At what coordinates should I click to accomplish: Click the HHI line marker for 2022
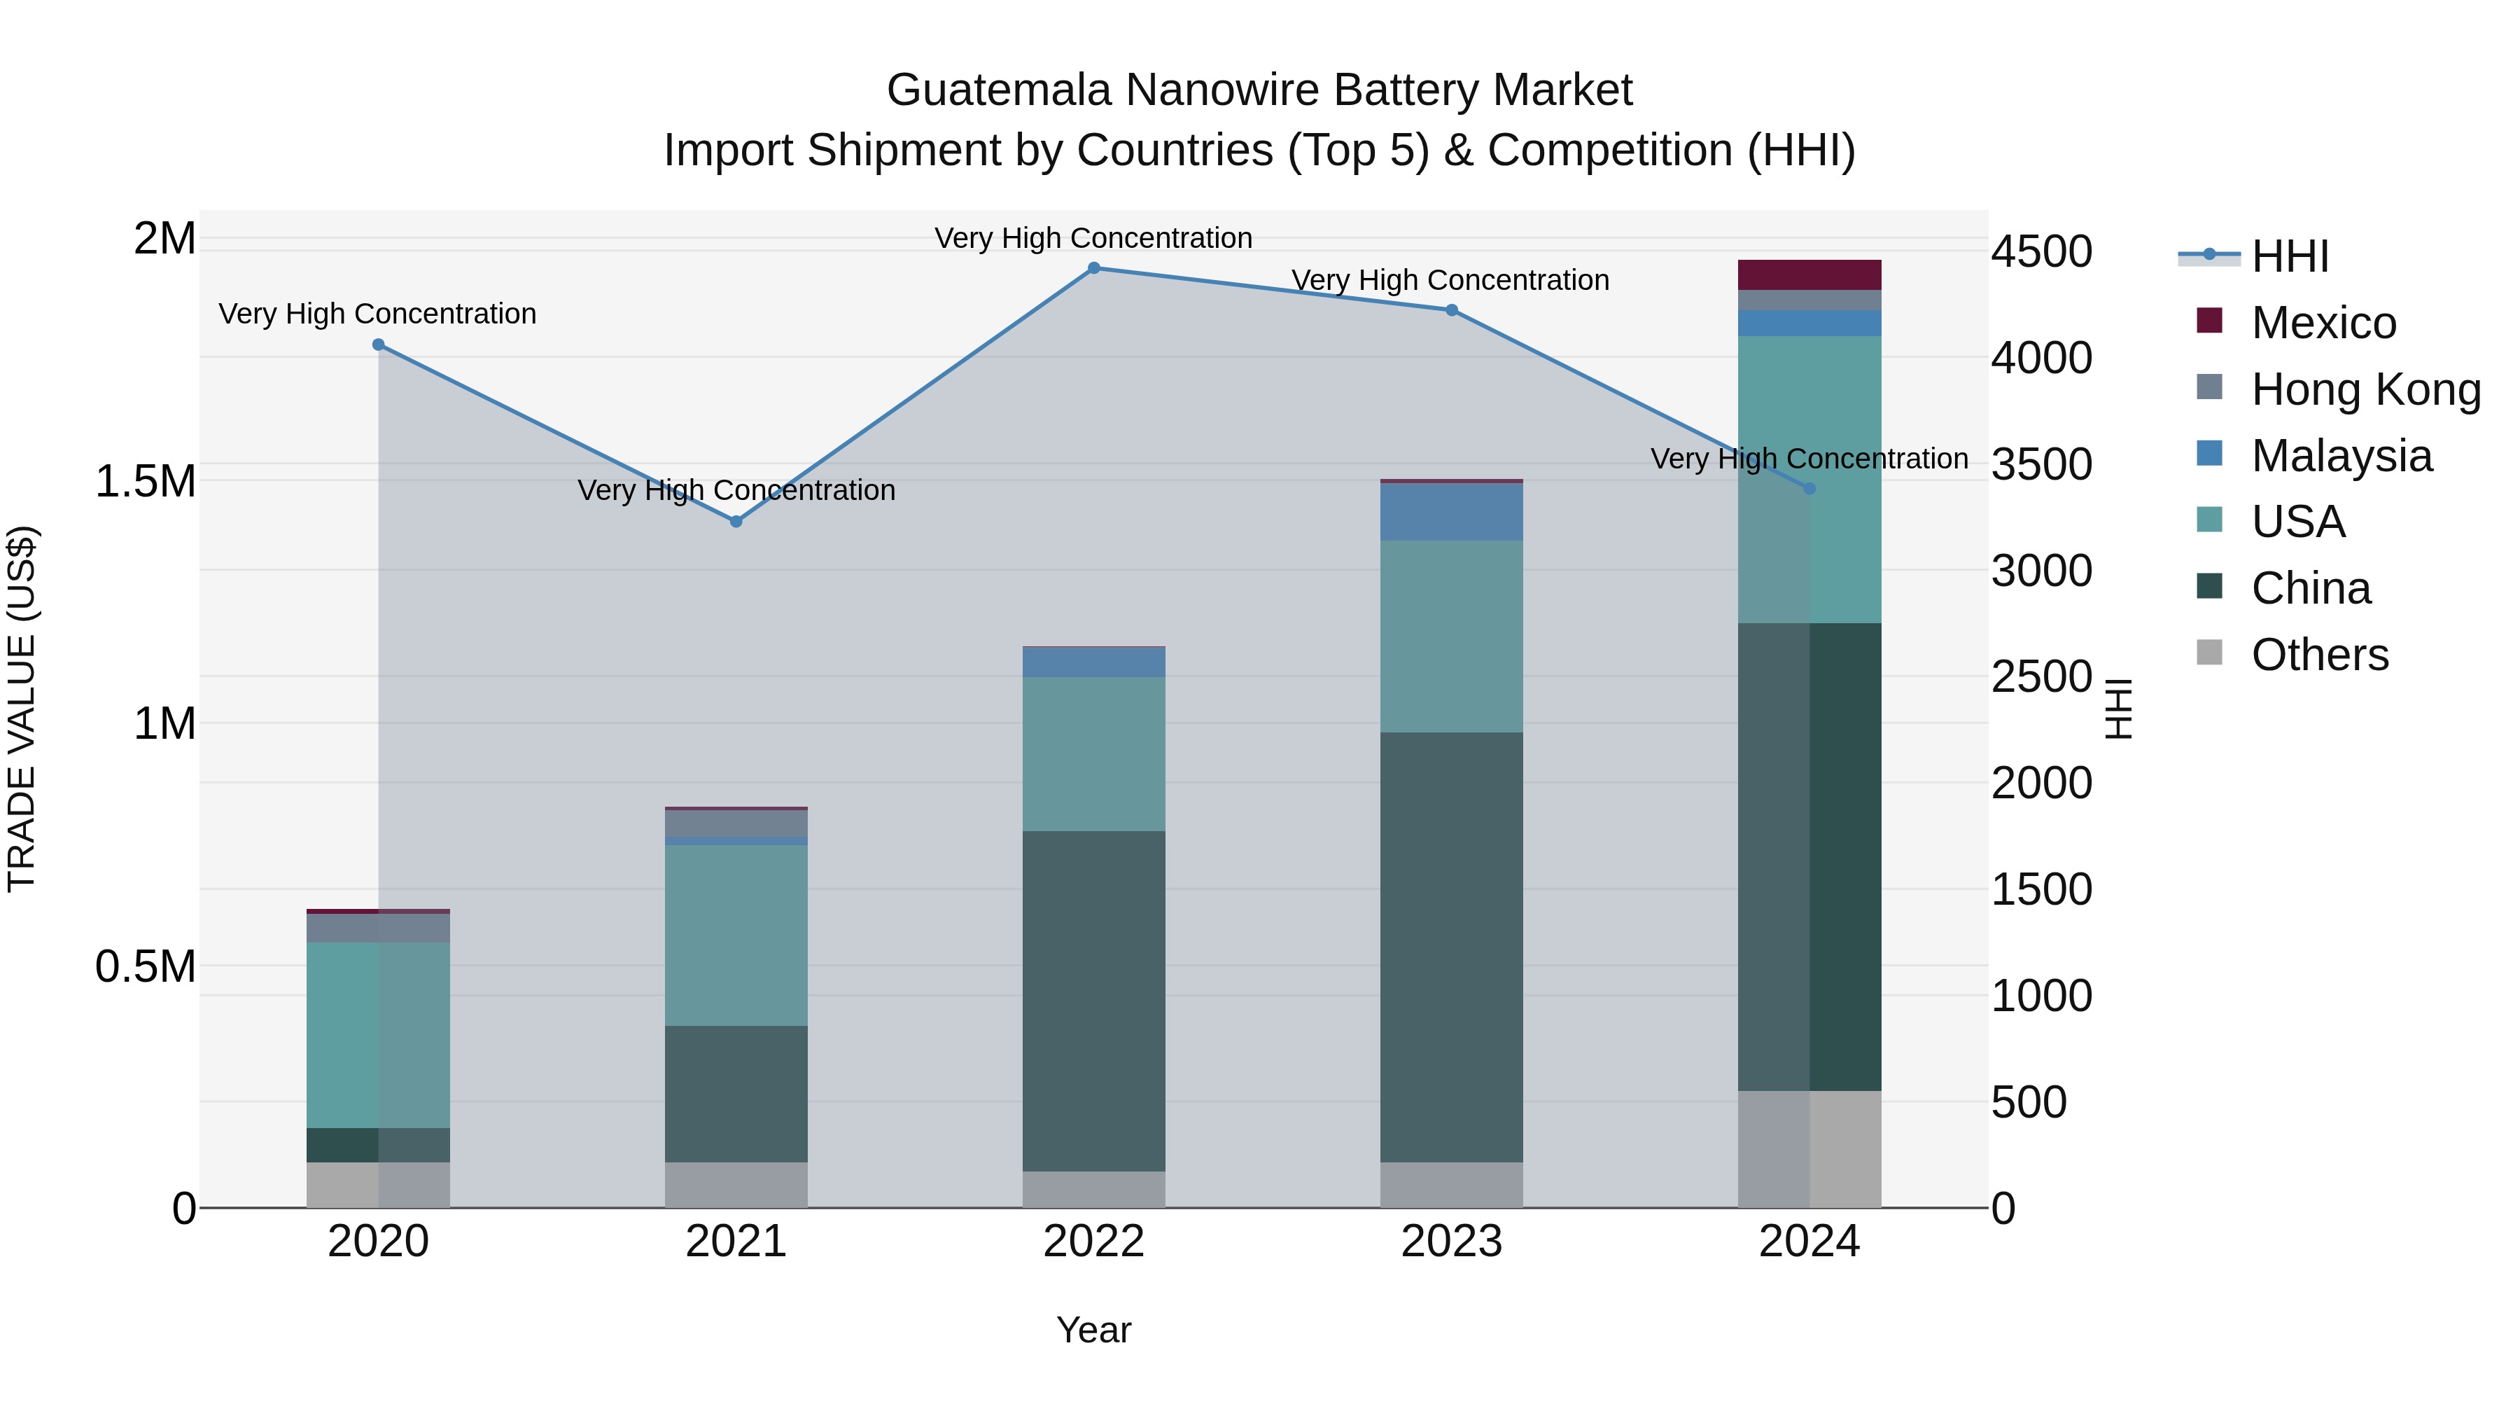pyautogui.click(x=1093, y=268)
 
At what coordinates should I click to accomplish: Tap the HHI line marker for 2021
pyautogui.click(x=736, y=522)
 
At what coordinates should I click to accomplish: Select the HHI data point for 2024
pyautogui.click(x=1809, y=488)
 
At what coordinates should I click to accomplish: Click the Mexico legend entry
pyautogui.click(x=2323, y=323)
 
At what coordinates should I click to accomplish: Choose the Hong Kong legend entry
pyautogui.click(x=2365, y=389)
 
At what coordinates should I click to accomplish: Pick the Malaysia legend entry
pyautogui.click(x=2341, y=456)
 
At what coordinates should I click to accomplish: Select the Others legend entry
pyautogui.click(x=2320, y=655)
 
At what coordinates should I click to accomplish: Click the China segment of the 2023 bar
pyautogui.click(x=1452, y=947)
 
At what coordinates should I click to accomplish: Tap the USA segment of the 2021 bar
pyautogui.click(x=736, y=935)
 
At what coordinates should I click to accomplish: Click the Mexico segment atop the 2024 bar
pyautogui.click(x=1809, y=275)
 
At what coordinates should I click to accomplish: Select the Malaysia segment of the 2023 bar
pyautogui.click(x=1452, y=512)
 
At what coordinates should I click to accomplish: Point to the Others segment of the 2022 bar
pyautogui.click(x=1093, y=1189)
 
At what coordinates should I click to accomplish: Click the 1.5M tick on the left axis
pyautogui.click(x=145, y=482)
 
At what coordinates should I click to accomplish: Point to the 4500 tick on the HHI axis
pyautogui.click(x=2042, y=253)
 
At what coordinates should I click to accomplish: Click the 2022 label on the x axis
pyautogui.click(x=1093, y=1242)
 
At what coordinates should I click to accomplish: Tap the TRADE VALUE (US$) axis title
pyautogui.click(x=22, y=709)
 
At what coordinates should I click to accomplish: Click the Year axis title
pyautogui.click(x=1093, y=1330)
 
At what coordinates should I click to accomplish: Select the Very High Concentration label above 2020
pyautogui.click(x=377, y=314)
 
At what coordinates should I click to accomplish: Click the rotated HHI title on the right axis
pyautogui.click(x=2118, y=709)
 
